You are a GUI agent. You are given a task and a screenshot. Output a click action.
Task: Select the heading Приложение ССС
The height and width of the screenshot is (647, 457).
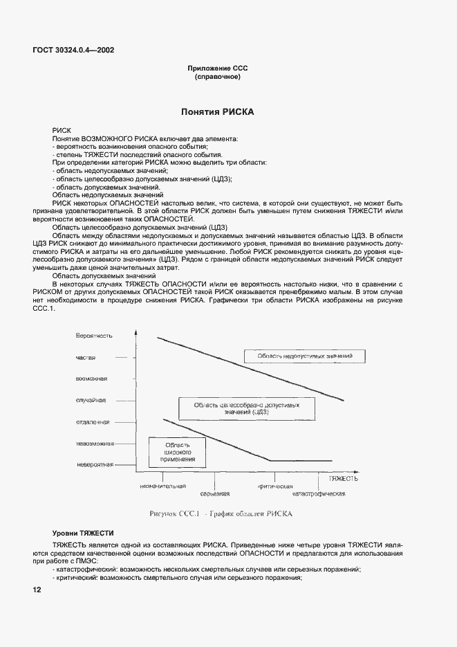(x=217, y=68)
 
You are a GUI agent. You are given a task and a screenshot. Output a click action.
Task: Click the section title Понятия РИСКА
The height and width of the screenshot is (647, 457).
(x=217, y=111)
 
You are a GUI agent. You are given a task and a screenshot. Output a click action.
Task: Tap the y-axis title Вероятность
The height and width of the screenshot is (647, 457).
(x=95, y=335)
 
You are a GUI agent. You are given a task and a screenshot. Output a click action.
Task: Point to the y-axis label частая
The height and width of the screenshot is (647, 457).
(x=86, y=357)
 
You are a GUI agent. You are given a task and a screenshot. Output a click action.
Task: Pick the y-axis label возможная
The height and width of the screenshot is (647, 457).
(x=91, y=379)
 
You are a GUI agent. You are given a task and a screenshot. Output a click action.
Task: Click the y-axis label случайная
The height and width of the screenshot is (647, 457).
(x=91, y=400)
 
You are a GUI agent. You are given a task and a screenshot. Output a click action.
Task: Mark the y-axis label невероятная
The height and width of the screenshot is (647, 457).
(x=95, y=464)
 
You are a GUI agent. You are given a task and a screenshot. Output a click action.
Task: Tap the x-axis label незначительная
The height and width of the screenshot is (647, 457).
(x=163, y=486)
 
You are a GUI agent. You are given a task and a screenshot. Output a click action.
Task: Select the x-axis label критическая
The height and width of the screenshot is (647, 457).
(x=276, y=486)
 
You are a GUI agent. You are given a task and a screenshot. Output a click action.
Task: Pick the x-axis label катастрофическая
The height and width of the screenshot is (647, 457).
(x=318, y=494)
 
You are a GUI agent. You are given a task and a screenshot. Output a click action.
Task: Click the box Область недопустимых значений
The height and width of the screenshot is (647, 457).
(x=305, y=356)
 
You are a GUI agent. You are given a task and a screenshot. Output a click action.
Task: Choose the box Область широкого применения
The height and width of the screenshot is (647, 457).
(x=178, y=451)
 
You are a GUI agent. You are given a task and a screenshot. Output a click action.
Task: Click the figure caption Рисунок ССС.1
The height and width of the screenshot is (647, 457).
(x=221, y=514)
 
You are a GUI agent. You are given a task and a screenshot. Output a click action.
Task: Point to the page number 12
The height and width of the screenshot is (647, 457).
(x=37, y=590)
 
